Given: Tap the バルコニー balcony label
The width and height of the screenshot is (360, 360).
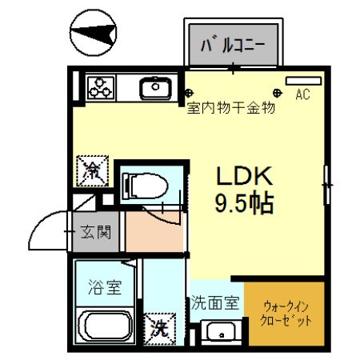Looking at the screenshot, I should pos(233,44).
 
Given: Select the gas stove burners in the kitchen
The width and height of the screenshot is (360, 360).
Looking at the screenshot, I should pos(101,86).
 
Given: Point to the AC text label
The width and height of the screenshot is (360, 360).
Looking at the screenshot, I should pos(302,95).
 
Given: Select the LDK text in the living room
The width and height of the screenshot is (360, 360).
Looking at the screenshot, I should pos(244,176).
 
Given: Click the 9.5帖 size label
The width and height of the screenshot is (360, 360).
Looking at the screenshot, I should pos(244,203).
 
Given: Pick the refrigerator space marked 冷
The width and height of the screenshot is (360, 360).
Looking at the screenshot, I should pos(93,170).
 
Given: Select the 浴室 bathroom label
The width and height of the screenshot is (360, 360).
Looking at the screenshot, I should pos(104,286).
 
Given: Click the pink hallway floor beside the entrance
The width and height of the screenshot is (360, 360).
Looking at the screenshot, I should pos(154,231).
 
